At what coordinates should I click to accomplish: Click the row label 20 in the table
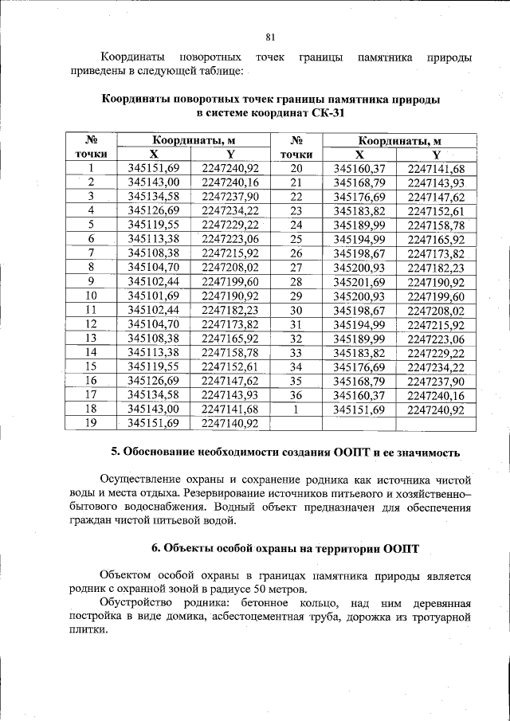click(x=296, y=169)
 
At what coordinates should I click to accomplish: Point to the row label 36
click(x=296, y=395)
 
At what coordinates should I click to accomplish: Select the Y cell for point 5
click(x=231, y=225)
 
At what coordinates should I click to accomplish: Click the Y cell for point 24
click(x=436, y=225)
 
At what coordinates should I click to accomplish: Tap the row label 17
click(x=91, y=394)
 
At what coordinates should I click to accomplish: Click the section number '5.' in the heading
click(x=116, y=453)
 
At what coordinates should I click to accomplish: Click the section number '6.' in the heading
click(x=156, y=549)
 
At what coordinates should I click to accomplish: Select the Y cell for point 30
click(x=436, y=310)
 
